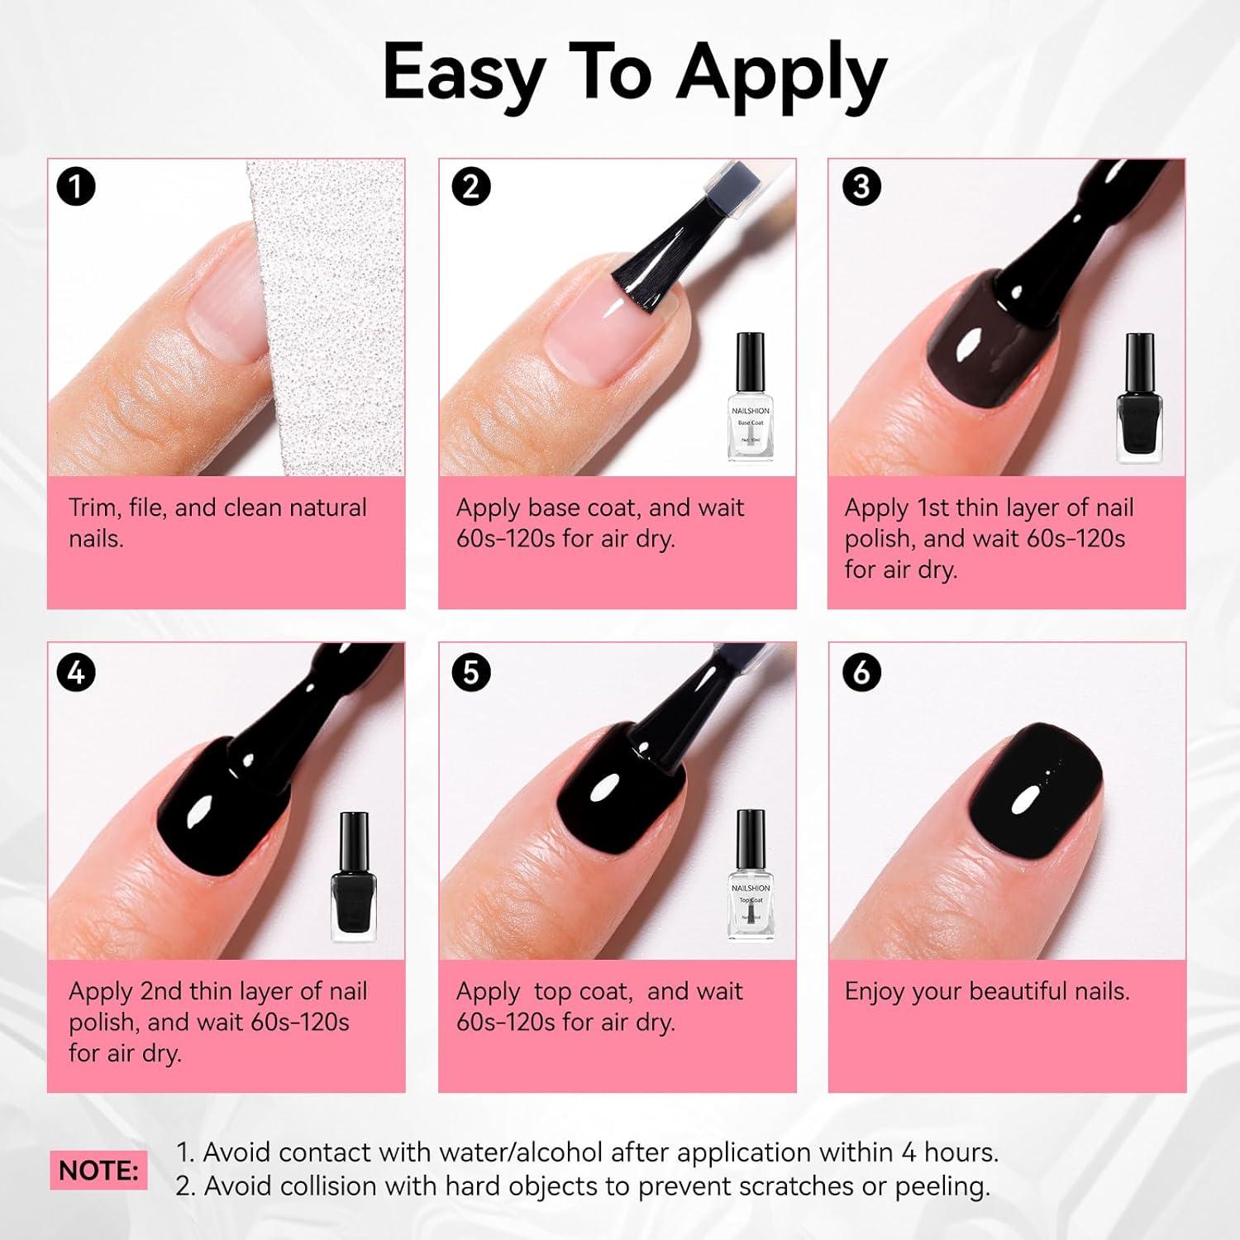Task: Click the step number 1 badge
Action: tap(76, 187)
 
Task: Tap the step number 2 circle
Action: tap(471, 187)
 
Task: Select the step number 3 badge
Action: tap(861, 187)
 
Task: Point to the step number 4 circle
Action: tap(76, 672)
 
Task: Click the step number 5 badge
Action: tap(471, 672)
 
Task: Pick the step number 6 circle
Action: tap(861, 672)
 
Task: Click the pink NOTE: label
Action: tap(98, 1171)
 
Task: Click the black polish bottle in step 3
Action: tap(1139, 398)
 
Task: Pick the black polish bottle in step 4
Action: tap(354, 878)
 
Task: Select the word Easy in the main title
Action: tap(463, 73)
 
